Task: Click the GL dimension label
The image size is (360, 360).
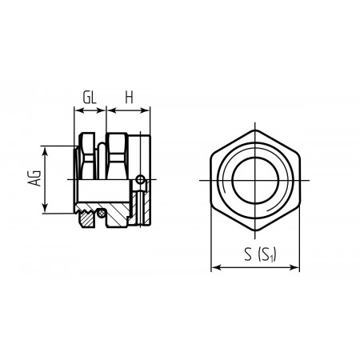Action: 90,98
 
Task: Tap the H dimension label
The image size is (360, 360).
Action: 129,98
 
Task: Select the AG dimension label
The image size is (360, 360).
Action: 35,178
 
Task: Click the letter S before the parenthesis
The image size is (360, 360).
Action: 248,254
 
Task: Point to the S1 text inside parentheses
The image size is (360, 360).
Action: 267,255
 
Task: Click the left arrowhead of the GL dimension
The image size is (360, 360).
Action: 78,110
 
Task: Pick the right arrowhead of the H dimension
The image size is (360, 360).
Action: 146,110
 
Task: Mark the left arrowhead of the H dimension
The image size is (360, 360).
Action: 110,110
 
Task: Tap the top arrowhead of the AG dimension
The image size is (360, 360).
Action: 46,150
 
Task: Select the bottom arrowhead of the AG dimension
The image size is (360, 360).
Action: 46,210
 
